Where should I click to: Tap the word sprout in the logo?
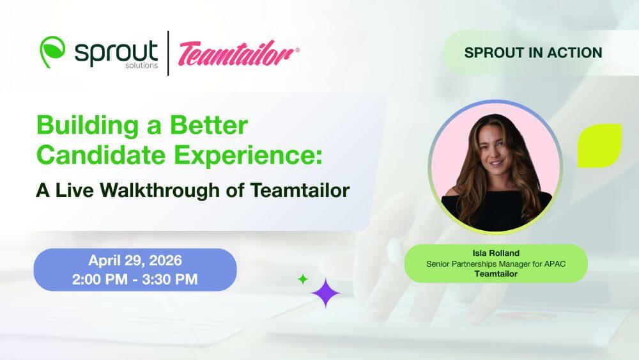[x=116, y=52]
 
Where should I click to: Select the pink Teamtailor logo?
[x=238, y=53]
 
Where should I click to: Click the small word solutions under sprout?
[x=141, y=65]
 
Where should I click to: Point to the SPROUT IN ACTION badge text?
[x=533, y=52]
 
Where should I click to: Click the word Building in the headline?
[x=88, y=125]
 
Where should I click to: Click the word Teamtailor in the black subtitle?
[x=300, y=190]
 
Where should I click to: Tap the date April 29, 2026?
[x=135, y=260]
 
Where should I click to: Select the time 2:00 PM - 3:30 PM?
[x=135, y=279]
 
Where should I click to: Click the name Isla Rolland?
[x=496, y=253]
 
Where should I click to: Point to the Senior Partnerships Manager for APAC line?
[x=496, y=264]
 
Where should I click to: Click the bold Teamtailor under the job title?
[x=496, y=274]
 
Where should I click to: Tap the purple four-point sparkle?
[x=326, y=293]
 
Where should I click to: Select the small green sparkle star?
[x=303, y=279]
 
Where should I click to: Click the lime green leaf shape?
[x=599, y=146]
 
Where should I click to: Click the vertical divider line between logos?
[x=168, y=53]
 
